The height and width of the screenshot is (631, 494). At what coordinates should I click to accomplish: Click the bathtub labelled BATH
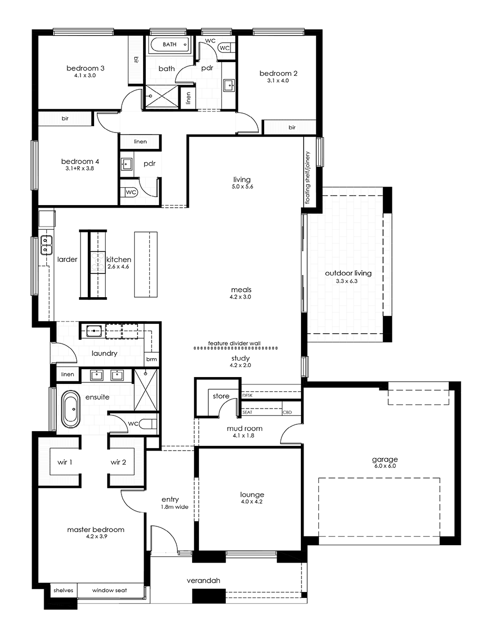point(169,45)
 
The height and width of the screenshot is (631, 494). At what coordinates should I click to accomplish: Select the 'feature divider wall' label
point(234,343)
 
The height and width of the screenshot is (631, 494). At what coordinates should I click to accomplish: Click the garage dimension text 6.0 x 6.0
point(385,466)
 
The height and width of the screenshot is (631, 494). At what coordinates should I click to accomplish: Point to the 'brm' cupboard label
point(152,359)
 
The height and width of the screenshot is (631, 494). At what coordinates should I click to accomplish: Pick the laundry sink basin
point(94,331)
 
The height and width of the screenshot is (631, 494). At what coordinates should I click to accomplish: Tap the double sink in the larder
point(46,246)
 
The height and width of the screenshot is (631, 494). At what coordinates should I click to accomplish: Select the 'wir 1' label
point(65,462)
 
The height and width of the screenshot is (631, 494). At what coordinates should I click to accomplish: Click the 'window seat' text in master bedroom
point(109,591)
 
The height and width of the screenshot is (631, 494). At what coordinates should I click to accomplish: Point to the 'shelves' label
point(63,591)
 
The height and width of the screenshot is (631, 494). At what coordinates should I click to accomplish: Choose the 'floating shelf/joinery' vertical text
point(308,178)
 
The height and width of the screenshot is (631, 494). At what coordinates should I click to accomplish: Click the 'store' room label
point(221,396)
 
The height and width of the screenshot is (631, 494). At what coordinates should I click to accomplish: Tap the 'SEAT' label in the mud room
point(247,412)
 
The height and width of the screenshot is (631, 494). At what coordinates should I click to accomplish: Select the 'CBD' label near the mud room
point(287,412)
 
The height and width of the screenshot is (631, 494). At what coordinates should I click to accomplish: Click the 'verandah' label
point(203,581)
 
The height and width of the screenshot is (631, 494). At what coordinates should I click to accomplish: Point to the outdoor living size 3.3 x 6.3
point(347,281)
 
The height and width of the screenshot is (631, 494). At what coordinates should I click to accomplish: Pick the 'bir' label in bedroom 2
point(292,127)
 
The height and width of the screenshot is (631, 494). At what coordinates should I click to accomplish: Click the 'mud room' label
point(245,429)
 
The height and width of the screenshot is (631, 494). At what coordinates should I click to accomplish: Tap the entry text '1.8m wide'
point(174,507)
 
